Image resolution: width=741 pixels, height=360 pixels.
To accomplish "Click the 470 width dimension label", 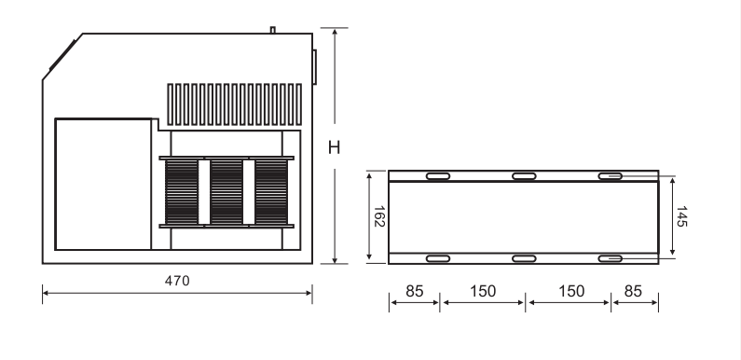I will tap(177, 280).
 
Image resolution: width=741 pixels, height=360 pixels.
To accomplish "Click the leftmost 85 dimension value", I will tap(415, 291).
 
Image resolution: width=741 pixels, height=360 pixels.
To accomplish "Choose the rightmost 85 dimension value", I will tap(633, 291).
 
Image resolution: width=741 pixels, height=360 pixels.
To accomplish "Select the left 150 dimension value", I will tap(482, 291).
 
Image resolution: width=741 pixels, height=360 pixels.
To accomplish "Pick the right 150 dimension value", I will tap(570, 291).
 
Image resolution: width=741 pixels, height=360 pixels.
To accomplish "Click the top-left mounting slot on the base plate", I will tap(438, 176).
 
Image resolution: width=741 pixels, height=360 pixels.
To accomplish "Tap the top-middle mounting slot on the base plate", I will tap(524, 176).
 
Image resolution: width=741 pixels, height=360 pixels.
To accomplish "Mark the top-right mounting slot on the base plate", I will tap(610, 176).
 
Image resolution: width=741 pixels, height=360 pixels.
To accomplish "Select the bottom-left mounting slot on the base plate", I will tap(438, 257).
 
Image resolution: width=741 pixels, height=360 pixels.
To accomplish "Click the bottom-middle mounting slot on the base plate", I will tap(524, 257).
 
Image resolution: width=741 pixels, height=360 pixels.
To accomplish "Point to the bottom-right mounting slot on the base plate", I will tap(610, 257).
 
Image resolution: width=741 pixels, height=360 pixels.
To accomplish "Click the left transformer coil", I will tap(182, 191).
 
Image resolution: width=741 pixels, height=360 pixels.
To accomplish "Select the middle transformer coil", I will tap(226, 191).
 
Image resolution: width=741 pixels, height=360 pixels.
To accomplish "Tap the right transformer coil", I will tap(271, 191).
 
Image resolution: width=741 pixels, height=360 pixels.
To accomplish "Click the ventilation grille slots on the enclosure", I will tap(234, 104).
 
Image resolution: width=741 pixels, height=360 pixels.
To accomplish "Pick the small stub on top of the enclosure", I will tap(273, 30).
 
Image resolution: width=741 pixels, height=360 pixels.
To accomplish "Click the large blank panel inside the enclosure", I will tap(103, 183).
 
